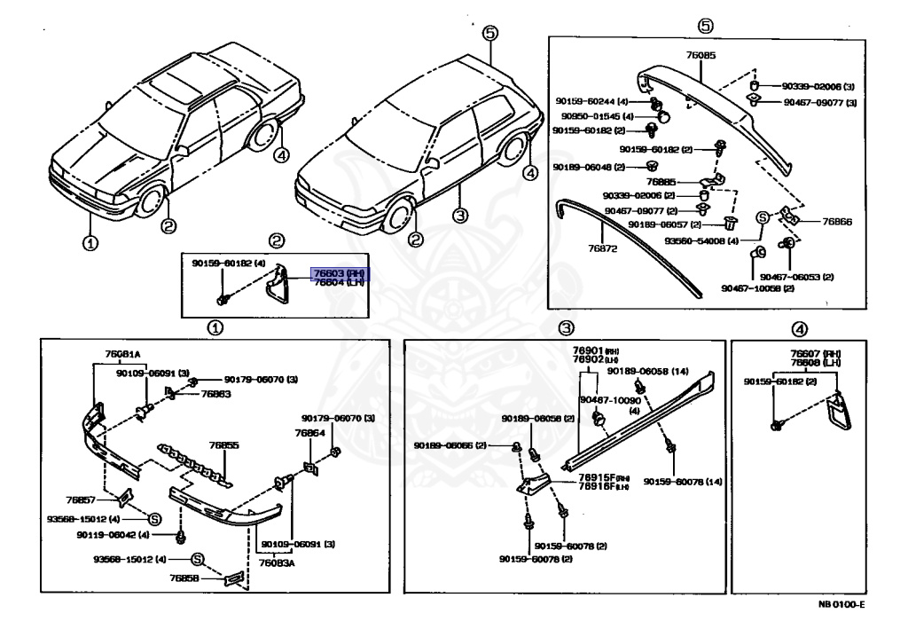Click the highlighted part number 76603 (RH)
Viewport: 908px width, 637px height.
338,273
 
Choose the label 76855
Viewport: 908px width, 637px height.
224,445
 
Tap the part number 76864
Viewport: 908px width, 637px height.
310,433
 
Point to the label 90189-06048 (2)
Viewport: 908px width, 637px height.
589,167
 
